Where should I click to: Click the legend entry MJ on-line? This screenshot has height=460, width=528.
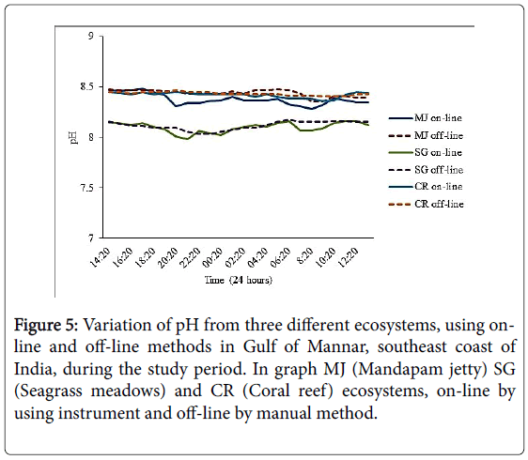[426, 118]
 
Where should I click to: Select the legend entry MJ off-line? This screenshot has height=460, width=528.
[426, 135]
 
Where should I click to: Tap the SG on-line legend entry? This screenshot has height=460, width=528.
[426, 153]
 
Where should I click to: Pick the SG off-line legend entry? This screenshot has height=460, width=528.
[426, 170]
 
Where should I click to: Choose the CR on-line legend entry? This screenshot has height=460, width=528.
[426, 187]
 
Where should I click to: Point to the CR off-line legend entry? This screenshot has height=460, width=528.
[427, 205]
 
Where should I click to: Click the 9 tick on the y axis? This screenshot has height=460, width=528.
[91, 36]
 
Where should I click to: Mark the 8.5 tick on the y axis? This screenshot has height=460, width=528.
[86, 86]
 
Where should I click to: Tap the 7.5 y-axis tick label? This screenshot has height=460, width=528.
[86, 188]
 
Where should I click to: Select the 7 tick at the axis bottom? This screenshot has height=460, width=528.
[91, 238]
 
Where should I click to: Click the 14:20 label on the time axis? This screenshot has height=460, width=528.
[101, 257]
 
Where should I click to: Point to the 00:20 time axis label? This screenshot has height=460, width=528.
[213, 257]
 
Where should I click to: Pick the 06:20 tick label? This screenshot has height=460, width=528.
[280, 257]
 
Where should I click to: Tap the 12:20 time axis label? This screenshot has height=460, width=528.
[349, 257]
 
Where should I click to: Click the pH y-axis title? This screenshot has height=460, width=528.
[73, 137]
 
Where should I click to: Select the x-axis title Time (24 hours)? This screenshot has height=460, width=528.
[239, 280]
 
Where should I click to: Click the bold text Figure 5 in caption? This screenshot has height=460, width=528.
[46, 326]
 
